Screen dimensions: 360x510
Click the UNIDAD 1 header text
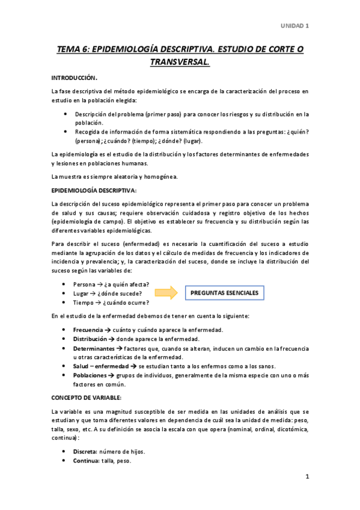coord(294,25)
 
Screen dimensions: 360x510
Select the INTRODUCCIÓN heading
coord(74,78)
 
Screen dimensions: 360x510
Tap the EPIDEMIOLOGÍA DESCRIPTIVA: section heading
coord(94,190)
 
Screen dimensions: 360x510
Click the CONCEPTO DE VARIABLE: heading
coord(87,398)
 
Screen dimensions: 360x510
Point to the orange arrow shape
coord(166,293)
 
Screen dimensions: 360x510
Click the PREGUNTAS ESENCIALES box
coord(224,293)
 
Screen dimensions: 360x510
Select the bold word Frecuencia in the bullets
coord(87,330)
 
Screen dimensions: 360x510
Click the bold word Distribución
coord(90,339)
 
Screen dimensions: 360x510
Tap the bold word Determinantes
coord(93,348)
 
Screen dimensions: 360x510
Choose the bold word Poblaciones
coord(91,375)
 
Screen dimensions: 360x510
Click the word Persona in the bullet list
coord(84,284)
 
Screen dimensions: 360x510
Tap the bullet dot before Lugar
coord(65,293)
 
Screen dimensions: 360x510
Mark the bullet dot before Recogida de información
coord(65,132)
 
